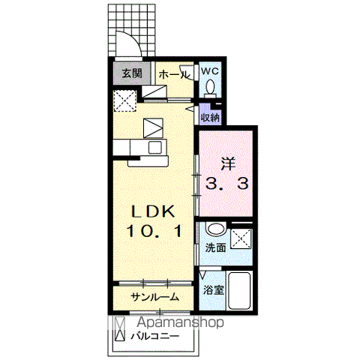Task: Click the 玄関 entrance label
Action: [x=132, y=73]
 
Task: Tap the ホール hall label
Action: [x=174, y=74]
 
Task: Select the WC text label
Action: [x=210, y=71]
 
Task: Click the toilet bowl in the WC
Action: [x=210, y=88]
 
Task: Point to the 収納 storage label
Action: [x=211, y=118]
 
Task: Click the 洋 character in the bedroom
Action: [x=228, y=163]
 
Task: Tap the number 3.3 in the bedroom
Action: [x=226, y=184]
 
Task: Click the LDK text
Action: [x=153, y=212]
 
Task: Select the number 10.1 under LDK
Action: [x=154, y=231]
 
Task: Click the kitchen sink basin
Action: [x=155, y=147]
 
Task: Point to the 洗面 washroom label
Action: [x=215, y=247]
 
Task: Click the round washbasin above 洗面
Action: [x=215, y=229]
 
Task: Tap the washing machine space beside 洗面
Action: [x=241, y=238]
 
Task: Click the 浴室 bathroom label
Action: [x=213, y=290]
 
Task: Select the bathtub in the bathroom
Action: [x=239, y=290]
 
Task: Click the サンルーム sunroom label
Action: [x=155, y=297]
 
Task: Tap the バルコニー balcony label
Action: [x=155, y=336]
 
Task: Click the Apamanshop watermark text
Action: [x=180, y=322]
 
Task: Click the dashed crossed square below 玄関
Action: [x=124, y=100]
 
